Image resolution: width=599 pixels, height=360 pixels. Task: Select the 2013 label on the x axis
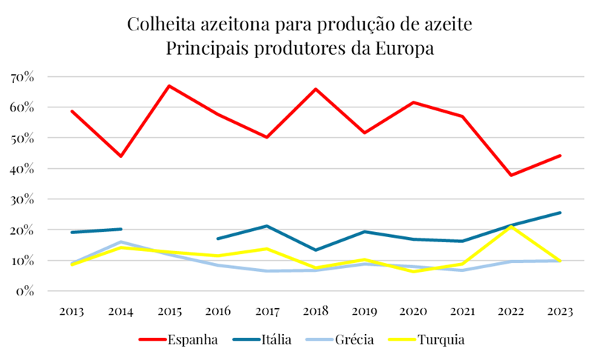pos(73,311)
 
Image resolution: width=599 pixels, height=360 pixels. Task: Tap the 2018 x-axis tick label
pos(316,311)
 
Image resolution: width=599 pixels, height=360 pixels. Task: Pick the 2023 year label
pos(560,311)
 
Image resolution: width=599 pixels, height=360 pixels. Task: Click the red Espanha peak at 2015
pos(170,86)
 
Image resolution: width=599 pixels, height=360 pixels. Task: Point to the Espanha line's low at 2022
pos(511,175)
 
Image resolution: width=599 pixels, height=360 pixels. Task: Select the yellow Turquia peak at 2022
pos(511,227)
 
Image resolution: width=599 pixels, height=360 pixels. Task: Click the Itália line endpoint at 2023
pos(560,213)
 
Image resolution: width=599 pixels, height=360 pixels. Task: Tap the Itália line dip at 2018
pos(316,250)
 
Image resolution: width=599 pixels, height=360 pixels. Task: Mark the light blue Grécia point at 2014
pos(121,241)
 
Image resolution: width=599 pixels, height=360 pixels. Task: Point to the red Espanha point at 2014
pos(121,156)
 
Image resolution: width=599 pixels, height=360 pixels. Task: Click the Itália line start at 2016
pos(219,239)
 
